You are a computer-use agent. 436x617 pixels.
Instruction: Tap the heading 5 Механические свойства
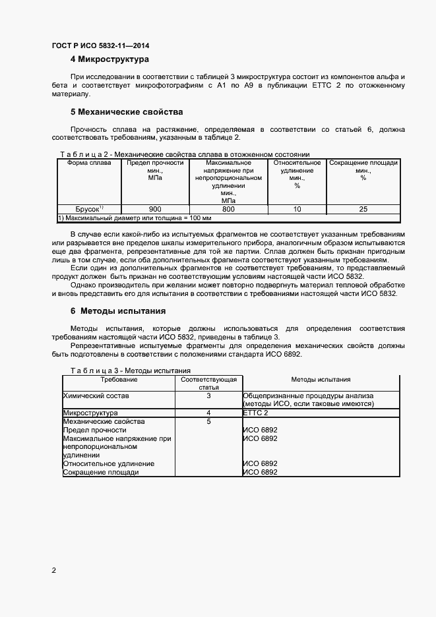click(x=127, y=111)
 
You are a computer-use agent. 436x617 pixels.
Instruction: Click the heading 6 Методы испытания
click(x=118, y=310)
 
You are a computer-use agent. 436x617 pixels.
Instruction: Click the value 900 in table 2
click(x=155, y=209)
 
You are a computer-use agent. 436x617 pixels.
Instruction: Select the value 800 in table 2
click(x=228, y=209)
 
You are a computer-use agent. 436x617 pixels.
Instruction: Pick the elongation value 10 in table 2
click(x=297, y=209)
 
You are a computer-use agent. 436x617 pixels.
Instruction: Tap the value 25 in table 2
click(x=363, y=209)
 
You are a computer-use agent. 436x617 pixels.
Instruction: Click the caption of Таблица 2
click(x=185, y=154)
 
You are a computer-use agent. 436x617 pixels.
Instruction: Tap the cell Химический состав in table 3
click(x=96, y=396)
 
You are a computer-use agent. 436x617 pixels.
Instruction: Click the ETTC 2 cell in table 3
click(x=256, y=413)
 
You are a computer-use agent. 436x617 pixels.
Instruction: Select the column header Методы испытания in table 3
click(x=321, y=380)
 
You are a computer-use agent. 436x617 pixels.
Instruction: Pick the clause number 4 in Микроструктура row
click(x=208, y=413)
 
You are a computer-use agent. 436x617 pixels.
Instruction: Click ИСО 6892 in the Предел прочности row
click(x=260, y=430)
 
